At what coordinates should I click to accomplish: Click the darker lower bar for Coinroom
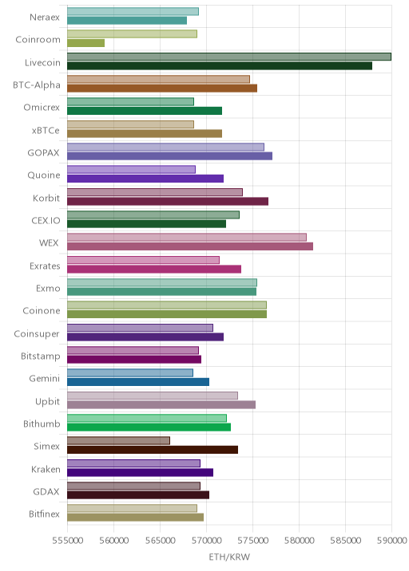[x=85, y=43]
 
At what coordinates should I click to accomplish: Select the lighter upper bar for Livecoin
[x=229, y=57]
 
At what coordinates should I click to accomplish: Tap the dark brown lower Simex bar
[x=153, y=450]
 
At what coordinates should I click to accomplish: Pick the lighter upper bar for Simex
[x=118, y=441]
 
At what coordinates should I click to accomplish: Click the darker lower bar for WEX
[x=190, y=246]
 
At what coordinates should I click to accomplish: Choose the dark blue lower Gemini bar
[x=138, y=382]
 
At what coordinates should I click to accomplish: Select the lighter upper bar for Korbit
[x=155, y=192]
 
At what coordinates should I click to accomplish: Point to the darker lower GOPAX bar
[x=169, y=156]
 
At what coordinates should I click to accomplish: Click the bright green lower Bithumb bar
[x=149, y=427]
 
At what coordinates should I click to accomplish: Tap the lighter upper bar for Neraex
[x=133, y=11]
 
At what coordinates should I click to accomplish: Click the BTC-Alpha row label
[x=37, y=85]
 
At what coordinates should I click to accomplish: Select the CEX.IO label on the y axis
[x=46, y=221]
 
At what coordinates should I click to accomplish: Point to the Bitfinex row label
[x=44, y=514]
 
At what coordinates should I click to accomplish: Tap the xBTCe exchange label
[x=46, y=130]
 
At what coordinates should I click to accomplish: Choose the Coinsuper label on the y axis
[x=37, y=334]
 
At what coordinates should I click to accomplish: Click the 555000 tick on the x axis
[x=67, y=541]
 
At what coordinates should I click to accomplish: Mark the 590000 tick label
[x=391, y=541]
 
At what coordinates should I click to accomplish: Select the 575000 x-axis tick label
[x=252, y=541]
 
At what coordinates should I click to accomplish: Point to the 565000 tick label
[x=161, y=541]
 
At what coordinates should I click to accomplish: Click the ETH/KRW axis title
[x=229, y=557]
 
